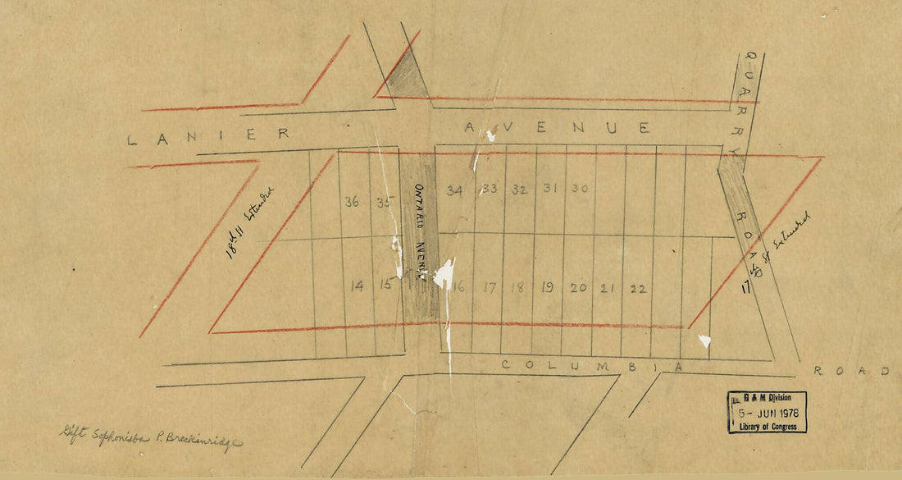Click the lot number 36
pyautogui.click(x=353, y=201)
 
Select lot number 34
pyautogui.click(x=455, y=190)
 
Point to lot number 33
pyautogui.click(x=490, y=189)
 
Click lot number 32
pyautogui.click(x=519, y=189)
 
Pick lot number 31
pyautogui.click(x=550, y=188)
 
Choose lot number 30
pyautogui.click(x=580, y=188)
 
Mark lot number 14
pyautogui.click(x=357, y=286)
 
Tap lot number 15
pyautogui.click(x=385, y=286)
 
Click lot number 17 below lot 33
pyautogui.click(x=490, y=287)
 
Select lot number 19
pyautogui.click(x=547, y=287)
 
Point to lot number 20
pyautogui.click(x=578, y=287)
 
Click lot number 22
pyautogui.click(x=639, y=288)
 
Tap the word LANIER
pyautogui.click(x=208, y=136)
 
